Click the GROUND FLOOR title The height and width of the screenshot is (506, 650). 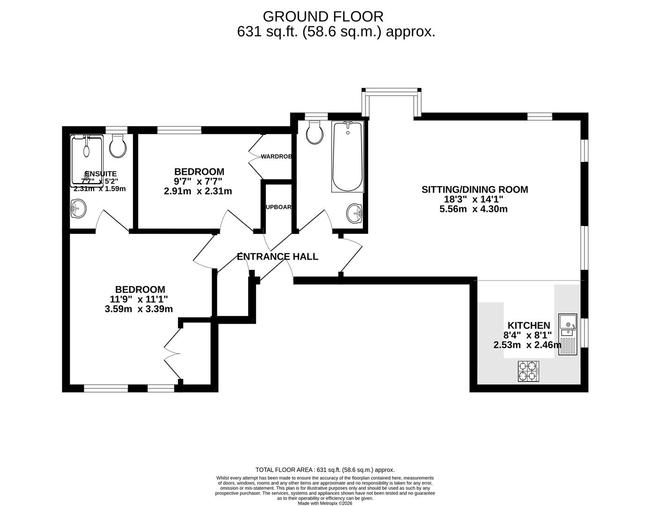click(x=323, y=16)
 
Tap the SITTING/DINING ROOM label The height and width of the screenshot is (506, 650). click(x=474, y=190)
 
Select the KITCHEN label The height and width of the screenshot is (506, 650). click(x=529, y=325)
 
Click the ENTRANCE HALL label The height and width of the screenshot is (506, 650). click(x=277, y=257)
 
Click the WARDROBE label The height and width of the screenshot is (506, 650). click(x=277, y=156)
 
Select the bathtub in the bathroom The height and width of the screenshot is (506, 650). click(x=347, y=156)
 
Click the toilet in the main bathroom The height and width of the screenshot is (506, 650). click(x=314, y=133)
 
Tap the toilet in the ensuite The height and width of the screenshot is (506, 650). click(x=118, y=146)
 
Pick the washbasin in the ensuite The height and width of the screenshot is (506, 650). click(x=78, y=209)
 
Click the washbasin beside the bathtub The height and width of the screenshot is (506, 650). click(x=355, y=214)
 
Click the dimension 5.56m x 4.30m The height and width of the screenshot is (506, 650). click(x=473, y=209)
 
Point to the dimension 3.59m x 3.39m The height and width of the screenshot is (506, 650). click(x=139, y=309)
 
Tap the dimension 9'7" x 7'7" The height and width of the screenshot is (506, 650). click(x=198, y=181)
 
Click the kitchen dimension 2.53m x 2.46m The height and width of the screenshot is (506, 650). click(x=527, y=345)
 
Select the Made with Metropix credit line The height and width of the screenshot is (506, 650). click(x=325, y=503)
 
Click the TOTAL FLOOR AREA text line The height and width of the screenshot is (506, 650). click(x=325, y=469)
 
